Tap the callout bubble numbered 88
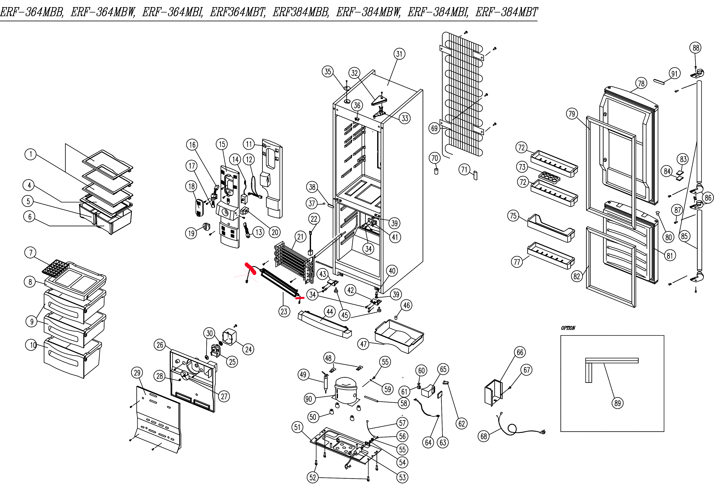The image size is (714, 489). (x=696, y=48)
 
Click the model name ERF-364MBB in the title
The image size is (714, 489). (x=32, y=12)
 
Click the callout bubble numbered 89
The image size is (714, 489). (x=618, y=403)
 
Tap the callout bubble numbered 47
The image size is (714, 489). (x=364, y=344)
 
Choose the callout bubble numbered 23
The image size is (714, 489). (x=284, y=311)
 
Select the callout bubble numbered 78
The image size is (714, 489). (x=641, y=83)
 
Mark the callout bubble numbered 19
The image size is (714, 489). (x=191, y=233)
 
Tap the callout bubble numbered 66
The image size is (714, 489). (x=520, y=352)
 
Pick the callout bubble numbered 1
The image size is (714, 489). (x=30, y=154)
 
